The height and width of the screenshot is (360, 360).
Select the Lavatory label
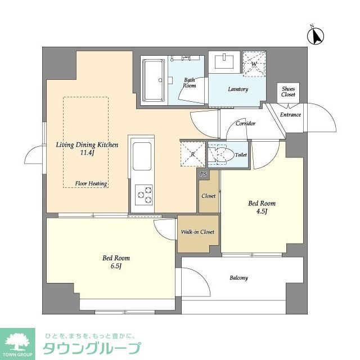tap(238, 89)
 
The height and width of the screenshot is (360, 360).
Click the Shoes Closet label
tap(288, 92)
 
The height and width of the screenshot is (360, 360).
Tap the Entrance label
tap(290, 115)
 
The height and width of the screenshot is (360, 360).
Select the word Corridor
tap(246, 123)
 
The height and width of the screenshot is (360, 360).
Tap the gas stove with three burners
tap(143, 193)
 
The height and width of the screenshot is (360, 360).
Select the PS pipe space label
tap(204, 174)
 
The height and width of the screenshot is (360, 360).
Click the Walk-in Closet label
tap(197, 232)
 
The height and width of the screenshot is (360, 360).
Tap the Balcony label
tap(238, 278)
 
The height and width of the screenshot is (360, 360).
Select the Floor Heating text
tap(92, 183)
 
